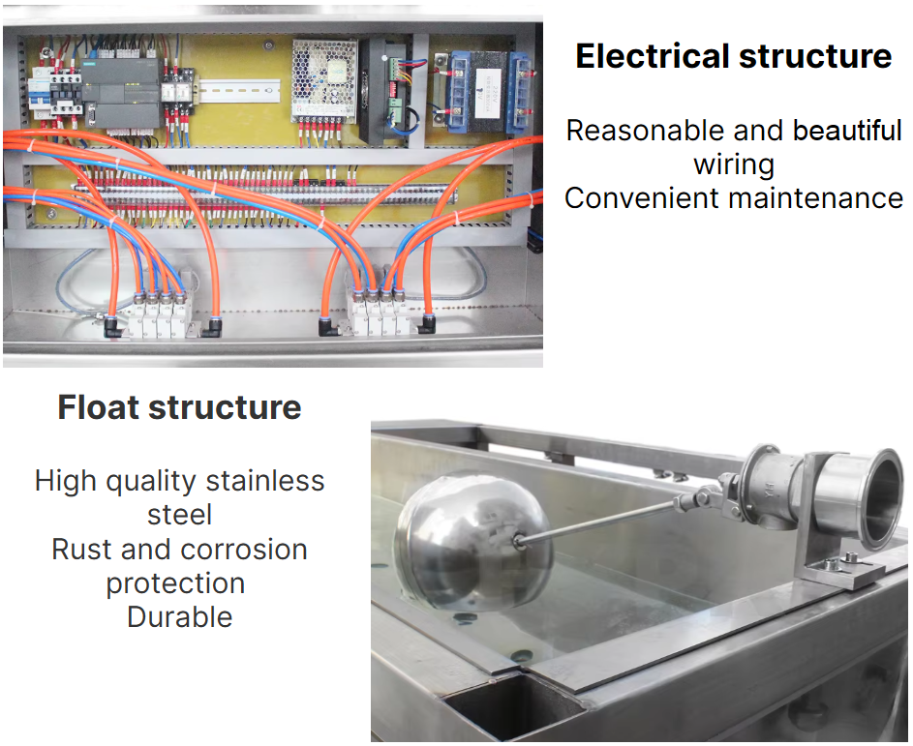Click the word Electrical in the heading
tap(653, 56)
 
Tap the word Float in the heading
tap(99, 406)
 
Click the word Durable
tap(180, 616)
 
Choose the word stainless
tap(265, 481)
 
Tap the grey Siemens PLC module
tap(120, 94)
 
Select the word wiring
tap(734, 165)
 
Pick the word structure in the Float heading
tap(225, 406)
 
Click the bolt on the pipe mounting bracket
tap(851, 557)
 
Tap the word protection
tap(175, 584)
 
